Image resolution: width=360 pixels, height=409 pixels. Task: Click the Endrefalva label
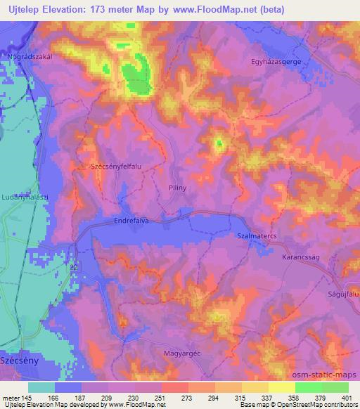[133, 220]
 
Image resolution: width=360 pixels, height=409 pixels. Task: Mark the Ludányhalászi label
[26, 196]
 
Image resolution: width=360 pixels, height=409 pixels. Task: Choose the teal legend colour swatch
[41, 387]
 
